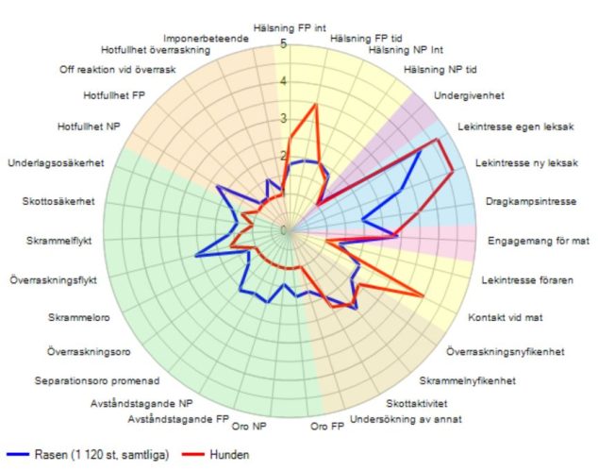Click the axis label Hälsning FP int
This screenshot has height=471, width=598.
click(x=290, y=28)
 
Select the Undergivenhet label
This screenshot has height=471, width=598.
click(x=469, y=95)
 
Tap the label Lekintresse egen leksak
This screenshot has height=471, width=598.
click(x=516, y=126)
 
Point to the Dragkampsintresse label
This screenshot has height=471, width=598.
click(x=531, y=202)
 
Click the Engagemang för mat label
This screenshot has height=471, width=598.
click(x=539, y=241)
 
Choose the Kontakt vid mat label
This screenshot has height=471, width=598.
click(x=506, y=317)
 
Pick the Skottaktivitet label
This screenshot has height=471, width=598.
click(x=417, y=403)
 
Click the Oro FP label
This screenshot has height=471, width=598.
click(x=327, y=426)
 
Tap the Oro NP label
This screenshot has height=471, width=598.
click(x=249, y=426)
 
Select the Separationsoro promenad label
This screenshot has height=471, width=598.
click(x=97, y=381)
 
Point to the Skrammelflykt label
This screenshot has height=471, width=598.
click(x=59, y=241)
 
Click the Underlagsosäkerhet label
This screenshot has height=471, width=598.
click(x=56, y=163)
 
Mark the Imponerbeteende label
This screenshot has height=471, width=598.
click(x=206, y=39)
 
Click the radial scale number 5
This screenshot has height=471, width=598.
click(x=283, y=44)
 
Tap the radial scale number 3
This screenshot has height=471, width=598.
click(x=283, y=119)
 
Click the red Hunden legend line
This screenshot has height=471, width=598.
click(x=193, y=454)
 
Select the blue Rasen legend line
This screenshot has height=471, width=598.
click(x=18, y=454)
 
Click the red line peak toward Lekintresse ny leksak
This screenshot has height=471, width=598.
click(x=453, y=171)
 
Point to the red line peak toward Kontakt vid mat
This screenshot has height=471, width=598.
click(x=423, y=294)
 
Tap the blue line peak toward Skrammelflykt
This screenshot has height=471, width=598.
click(x=196, y=256)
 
